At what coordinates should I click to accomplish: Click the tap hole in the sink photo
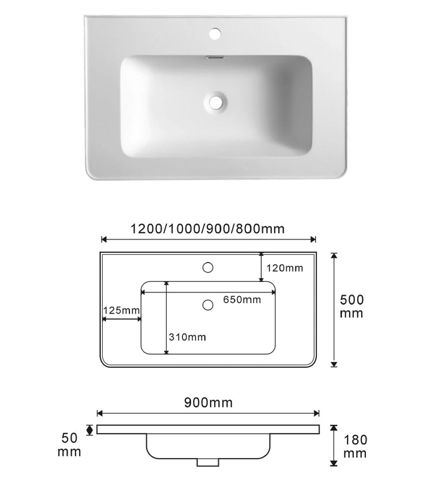tap(215, 34)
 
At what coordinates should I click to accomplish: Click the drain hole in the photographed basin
tap(215, 102)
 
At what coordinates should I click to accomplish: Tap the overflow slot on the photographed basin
tap(216, 57)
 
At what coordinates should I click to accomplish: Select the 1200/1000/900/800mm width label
tap(207, 229)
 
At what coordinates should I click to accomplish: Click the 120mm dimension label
tap(285, 268)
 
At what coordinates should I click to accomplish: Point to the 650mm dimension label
tap(242, 300)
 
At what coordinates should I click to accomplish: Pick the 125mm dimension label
tap(121, 310)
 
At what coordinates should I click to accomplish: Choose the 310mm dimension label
tap(187, 337)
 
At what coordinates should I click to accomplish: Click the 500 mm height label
tap(352, 306)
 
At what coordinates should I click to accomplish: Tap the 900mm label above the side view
tap(208, 403)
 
